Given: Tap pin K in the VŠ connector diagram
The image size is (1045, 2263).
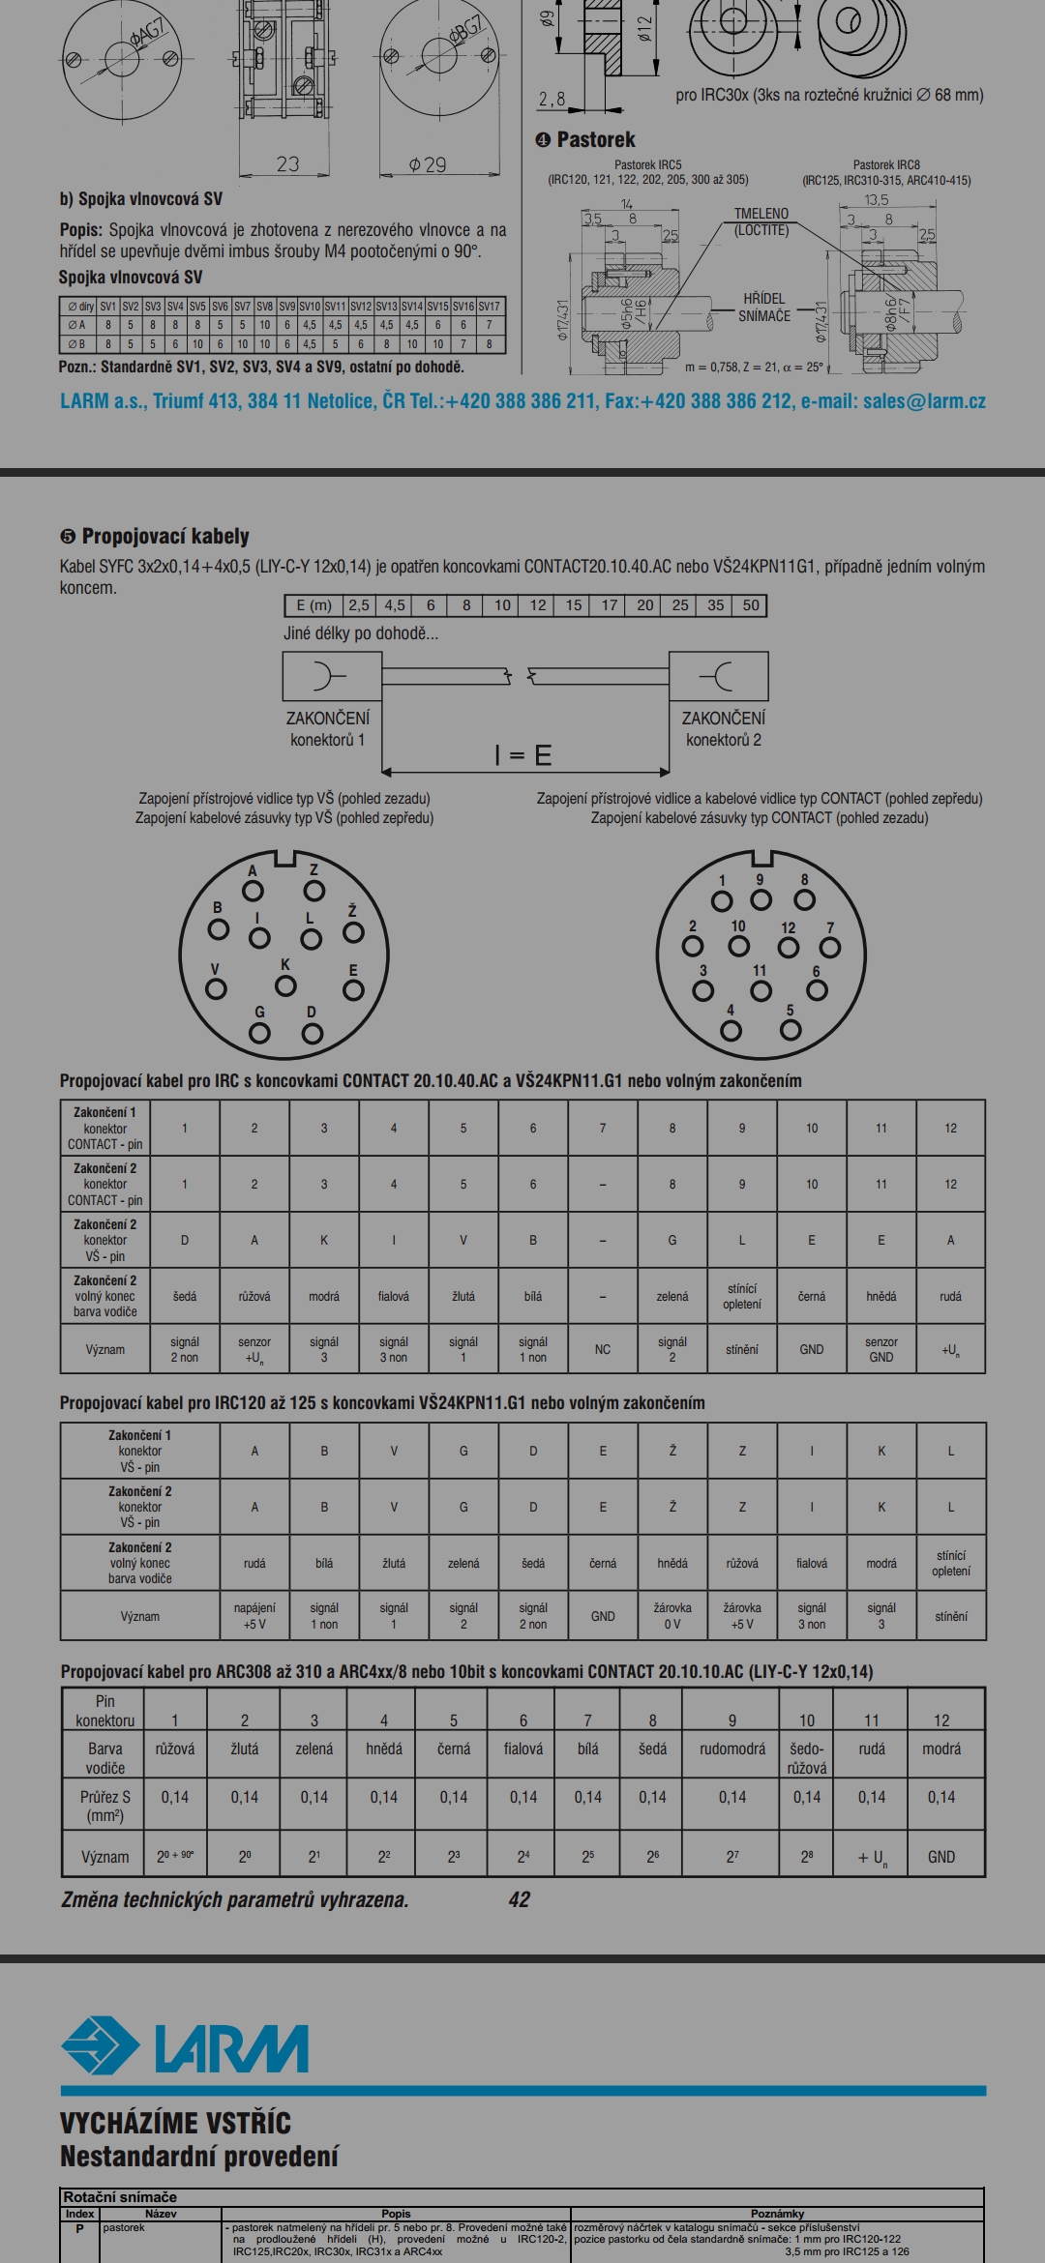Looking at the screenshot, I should [285, 985].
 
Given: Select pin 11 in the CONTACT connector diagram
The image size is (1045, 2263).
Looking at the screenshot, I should [761, 990].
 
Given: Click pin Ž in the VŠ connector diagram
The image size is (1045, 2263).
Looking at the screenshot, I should [354, 932].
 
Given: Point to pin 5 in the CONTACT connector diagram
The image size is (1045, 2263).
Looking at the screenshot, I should [791, 1029].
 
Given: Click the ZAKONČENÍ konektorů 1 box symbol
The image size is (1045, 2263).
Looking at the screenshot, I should [332, 676].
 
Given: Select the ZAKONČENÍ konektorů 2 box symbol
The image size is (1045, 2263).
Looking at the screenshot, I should [719, 676].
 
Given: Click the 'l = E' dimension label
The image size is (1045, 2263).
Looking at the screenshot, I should [523, 755].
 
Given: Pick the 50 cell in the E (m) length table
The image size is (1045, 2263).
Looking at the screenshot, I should [751, 605].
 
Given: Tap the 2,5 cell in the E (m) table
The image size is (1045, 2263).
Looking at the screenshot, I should [359, 605].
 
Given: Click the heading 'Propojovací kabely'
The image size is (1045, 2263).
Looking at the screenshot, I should [164, 537].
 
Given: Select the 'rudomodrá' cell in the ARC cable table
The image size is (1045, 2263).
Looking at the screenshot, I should [732, 1749].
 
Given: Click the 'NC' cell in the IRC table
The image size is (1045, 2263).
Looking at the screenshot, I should [603, 1349].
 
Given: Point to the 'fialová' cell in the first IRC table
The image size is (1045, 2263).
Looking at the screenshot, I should [394, 1296].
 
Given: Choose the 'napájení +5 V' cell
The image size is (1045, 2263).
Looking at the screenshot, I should [254, 1616].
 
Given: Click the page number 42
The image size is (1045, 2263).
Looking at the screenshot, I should [519, 1899].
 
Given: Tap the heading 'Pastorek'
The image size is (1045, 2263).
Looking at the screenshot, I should [595, 139].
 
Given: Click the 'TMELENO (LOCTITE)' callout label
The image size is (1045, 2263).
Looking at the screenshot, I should [761, 221].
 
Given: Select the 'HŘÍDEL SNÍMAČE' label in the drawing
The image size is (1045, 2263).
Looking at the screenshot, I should [764, 308].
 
